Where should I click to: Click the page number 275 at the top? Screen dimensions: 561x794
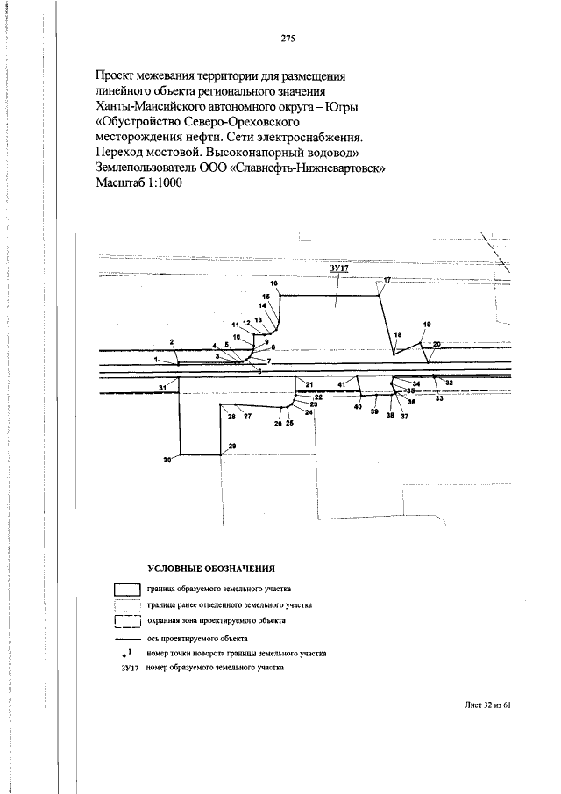pyautogui.click(x=288, y=38)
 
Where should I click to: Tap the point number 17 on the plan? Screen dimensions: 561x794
pyautogui.click(x=387, y=280)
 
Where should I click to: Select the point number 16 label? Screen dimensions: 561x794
pyautogui.click(x=274, y=283)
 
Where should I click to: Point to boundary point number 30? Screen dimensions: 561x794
pyautogui.click(x=167, y=460)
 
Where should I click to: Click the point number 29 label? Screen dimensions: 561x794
pyautogui.click(x=232, y=446)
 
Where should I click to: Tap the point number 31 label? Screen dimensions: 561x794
pyautogui.click(x=162, y=388)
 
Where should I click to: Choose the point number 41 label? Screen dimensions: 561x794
pyautogui.click(x=342, y=385)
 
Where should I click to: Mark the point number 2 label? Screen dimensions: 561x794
pyautogui.click(x=172, y=342)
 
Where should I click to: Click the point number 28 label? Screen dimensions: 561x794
pyautogui.click(x=231, y=417)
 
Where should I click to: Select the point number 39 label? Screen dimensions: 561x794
pyautogui.click(x=374, y=411)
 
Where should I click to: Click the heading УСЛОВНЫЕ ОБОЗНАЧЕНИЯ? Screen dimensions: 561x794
pyautogui.click(x=211, y=569)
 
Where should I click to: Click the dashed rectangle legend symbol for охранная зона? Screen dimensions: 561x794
pyautogui.click(x=127, y=621)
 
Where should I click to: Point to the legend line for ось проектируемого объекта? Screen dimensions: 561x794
pyautogui.click(x=127, y=639)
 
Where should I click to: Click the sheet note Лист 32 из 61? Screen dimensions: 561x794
pyautogui.click(x=486, y=705)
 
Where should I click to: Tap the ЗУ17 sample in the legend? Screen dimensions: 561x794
pyautogui.click(x=130, y=668)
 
